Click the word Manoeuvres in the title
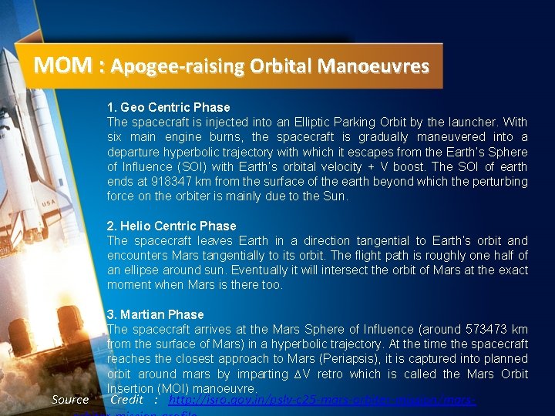click(x=378, y=66)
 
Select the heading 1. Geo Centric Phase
click(x=168, y=107)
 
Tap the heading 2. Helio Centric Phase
click(x=171, y=226)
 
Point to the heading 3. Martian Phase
click(x=155, y=314)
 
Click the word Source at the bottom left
click(x=70, y=400)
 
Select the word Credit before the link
click(x=127, y=400)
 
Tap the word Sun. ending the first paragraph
click(x=336, y=196)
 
